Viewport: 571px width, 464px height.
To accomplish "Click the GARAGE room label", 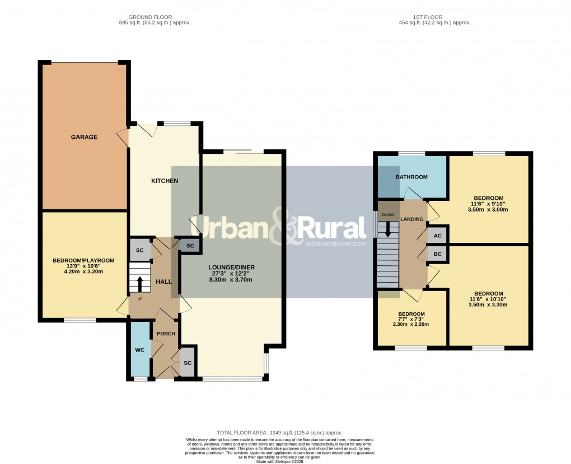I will [84, 137].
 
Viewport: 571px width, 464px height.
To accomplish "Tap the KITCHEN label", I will [165, 181].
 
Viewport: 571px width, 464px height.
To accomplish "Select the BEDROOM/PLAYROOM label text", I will [83, 260].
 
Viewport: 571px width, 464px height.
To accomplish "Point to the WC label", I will [140, 350].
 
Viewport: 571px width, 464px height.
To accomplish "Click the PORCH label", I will [166, 334].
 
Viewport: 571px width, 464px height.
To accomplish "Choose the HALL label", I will [163, 282].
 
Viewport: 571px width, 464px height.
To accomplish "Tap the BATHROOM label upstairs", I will [411, 177].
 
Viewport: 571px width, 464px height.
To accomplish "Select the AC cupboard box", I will [438, 236].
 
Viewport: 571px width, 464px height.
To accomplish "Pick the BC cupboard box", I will [438, 254].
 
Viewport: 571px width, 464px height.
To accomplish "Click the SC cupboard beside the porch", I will [188, 363].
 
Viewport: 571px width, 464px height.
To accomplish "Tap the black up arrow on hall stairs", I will [140, 280].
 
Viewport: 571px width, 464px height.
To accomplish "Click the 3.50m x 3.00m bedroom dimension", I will [488, 209].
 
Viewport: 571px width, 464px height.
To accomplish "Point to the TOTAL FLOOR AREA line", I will [279, 433].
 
